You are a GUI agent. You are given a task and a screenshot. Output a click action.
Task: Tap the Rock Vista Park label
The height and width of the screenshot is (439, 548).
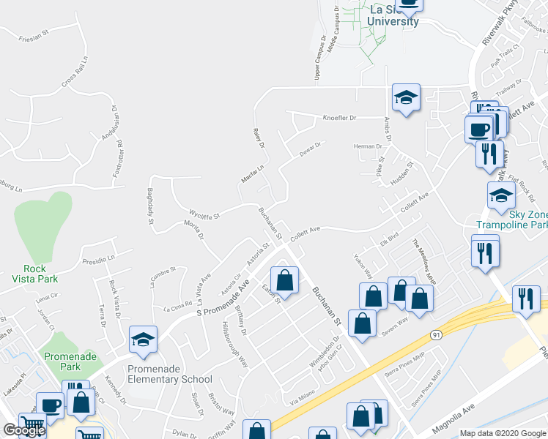(x=29, y=274)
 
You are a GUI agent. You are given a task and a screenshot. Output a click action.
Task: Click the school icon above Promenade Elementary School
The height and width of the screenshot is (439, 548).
(x=143, y=339)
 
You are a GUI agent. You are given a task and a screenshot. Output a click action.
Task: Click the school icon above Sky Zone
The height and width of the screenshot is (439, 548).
(x=501, y=195)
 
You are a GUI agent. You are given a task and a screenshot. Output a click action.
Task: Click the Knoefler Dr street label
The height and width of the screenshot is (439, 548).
(x=339, y=117)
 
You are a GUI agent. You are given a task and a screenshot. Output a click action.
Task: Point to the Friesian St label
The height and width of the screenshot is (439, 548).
(x=33, y=35)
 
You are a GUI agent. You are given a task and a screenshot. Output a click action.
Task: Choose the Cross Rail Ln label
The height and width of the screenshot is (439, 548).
(x=75, y=72)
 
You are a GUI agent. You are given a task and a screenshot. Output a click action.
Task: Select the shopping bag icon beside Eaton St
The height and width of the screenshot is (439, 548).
(x=284, y=279)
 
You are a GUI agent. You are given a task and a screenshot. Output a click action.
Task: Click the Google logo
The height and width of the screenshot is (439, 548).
(x=24, y=430)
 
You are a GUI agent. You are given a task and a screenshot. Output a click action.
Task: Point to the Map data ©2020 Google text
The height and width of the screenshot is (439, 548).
(x=503, y=432)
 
